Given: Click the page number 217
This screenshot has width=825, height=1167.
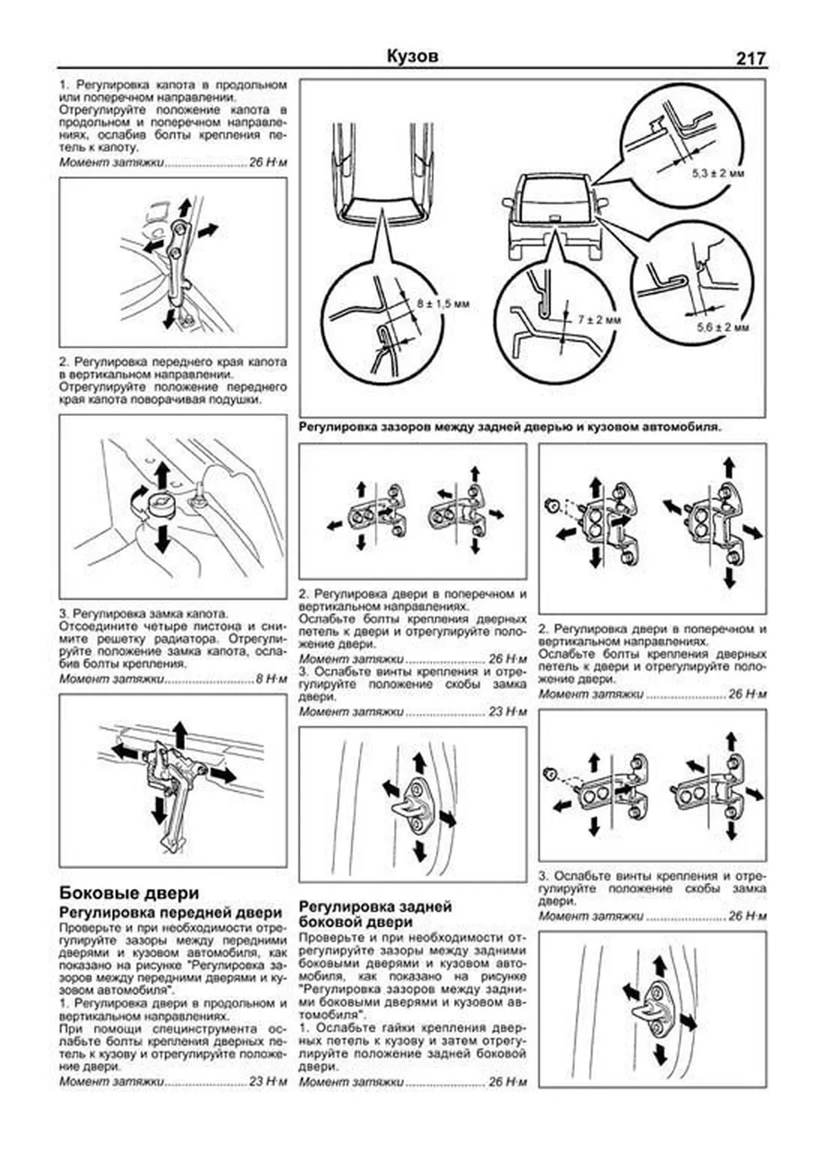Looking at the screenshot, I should [x=750, y=59].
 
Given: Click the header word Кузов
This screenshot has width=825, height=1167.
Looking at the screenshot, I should [x=412, y=56].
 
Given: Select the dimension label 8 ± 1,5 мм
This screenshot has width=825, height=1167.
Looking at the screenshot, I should [x=443, y=303].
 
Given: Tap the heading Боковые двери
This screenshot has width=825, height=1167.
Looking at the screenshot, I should [x=129, y=893].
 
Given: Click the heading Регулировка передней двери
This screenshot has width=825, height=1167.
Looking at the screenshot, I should [x=170, y=913].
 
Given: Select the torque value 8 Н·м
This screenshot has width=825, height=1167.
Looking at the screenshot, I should [x=271, y=679].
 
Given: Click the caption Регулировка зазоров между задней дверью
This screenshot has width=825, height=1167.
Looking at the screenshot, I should [x=510, y=426].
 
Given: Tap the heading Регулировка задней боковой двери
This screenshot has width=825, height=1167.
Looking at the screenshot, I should [x=376, y=914].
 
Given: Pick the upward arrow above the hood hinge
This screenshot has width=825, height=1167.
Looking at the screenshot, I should [x=184, y=208].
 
